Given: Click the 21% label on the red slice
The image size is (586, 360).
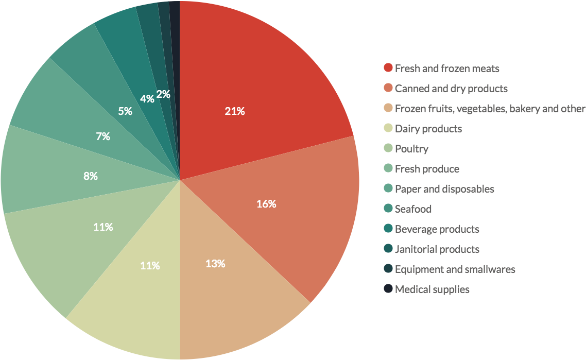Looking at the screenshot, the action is (x=235, y=111).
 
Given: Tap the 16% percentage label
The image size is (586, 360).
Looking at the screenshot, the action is (x=266, y=204).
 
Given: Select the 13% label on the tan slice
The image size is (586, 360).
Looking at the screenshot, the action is (x=215, y=264).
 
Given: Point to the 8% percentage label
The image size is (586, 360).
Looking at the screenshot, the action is (x=91, y=176).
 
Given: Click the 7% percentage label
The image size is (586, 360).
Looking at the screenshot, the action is (x=103, y=136).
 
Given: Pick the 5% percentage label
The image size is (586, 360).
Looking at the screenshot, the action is (x=125, y=111).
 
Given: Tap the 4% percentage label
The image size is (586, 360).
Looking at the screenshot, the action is (x=147, y=99).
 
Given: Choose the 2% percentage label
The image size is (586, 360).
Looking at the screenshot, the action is (x=163, y=94).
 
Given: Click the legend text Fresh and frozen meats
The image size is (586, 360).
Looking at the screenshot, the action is (x=447, y=68).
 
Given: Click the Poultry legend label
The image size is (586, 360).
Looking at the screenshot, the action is (x=411, y=149).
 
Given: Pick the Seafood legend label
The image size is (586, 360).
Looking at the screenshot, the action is (x=413, y=209).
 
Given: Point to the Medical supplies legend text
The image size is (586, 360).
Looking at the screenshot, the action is (x=432, y=289).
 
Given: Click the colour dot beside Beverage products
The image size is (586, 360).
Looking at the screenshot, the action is (x=388, y=228).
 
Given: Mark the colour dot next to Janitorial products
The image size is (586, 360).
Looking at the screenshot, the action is (x=388, y=248).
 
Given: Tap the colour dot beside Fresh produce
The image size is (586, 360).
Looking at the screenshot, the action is (x=388, y=168).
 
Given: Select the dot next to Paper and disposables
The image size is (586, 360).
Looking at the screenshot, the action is (x=388, y=188).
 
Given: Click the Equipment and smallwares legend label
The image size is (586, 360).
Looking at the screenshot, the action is (x=455, y=269).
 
